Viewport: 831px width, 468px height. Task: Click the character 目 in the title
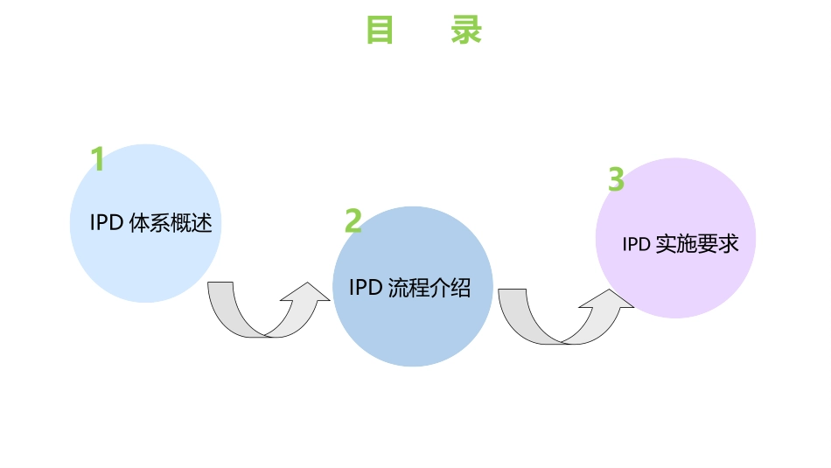[379, 31]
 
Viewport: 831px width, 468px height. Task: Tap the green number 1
[98, 159]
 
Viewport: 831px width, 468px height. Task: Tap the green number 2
[353, 220]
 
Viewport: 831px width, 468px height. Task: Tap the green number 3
[616, 179]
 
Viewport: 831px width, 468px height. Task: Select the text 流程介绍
[429, 288]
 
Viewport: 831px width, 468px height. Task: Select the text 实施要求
[696, 244]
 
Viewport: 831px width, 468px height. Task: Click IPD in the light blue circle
[106, 223]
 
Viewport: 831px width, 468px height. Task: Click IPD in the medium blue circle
[365, 288]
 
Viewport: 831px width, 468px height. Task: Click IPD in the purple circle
[636, 244]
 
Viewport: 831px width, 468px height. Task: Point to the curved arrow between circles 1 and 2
[262, 313]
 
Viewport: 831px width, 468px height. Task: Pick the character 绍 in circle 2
[461, 288]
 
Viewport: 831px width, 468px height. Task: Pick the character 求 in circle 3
[729, 244]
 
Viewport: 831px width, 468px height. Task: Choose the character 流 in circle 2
[397, 288]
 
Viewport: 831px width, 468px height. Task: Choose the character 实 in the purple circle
[665, 244]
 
